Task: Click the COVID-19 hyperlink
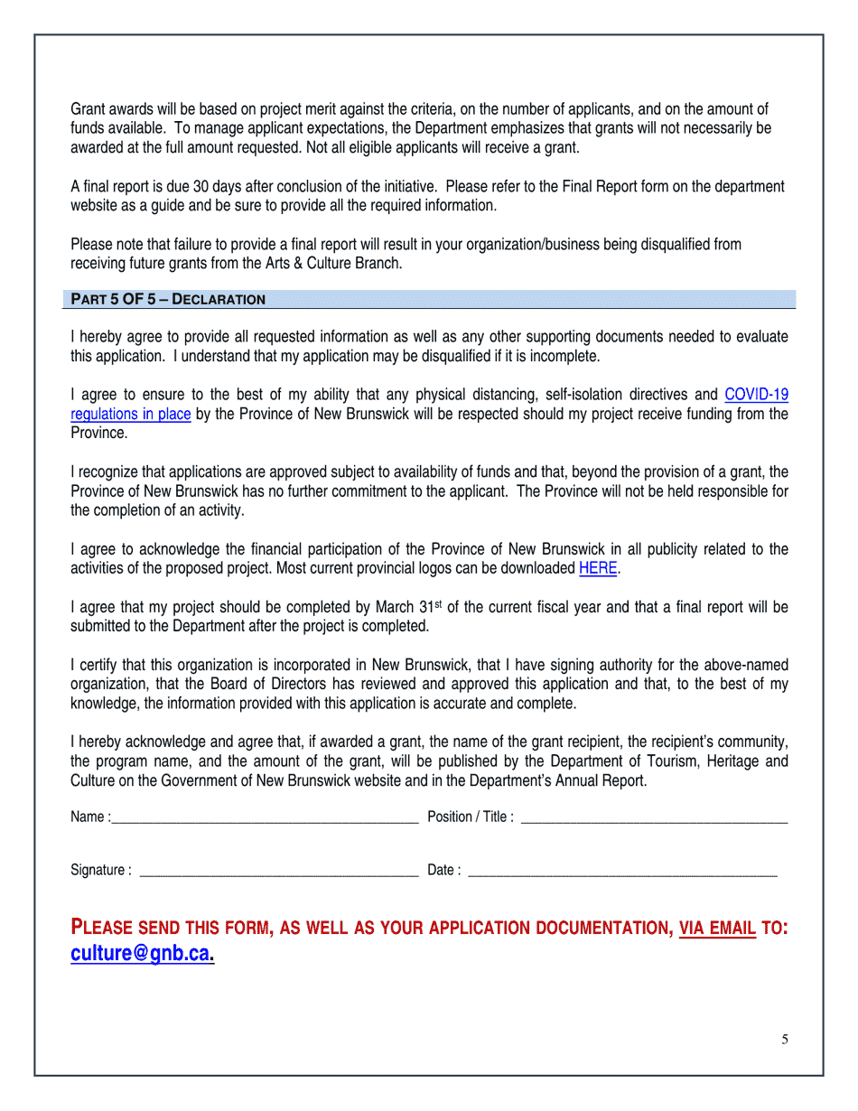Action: (x=756, y=395)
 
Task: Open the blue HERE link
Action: (x=597, y=569)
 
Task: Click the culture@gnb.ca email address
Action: (x=141, y=954)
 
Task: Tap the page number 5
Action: (x=785, y=1040)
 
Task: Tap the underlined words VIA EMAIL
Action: (x=717, y=928)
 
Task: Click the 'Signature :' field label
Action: (x=100, y=871)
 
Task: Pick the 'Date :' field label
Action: (x=443, y=871)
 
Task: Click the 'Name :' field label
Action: (x=90, y=817)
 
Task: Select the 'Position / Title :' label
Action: (x=470, y=817)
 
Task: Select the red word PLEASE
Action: (x=111, y=928)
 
